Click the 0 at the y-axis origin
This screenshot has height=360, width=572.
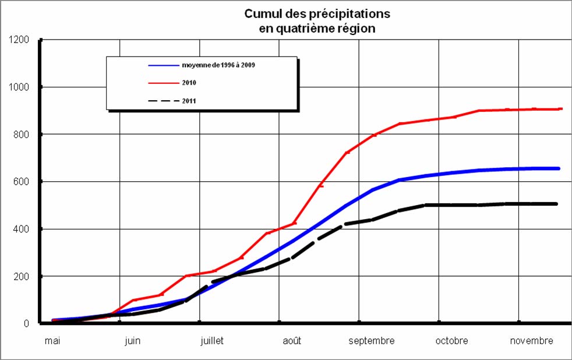tap(27, 323)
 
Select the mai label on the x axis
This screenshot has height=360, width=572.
tap(52, 341)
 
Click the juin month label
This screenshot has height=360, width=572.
tap(132, 341)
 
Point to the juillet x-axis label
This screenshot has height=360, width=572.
tap(211, 341)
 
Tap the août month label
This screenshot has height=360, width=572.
tap(292, 341)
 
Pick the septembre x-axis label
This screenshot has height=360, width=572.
tap(372, 341)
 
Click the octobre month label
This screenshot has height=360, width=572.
tap(451, 341)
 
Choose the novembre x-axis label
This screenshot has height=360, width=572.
tap(531, 341)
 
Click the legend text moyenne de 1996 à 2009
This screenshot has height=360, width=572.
tap(218, 65)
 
